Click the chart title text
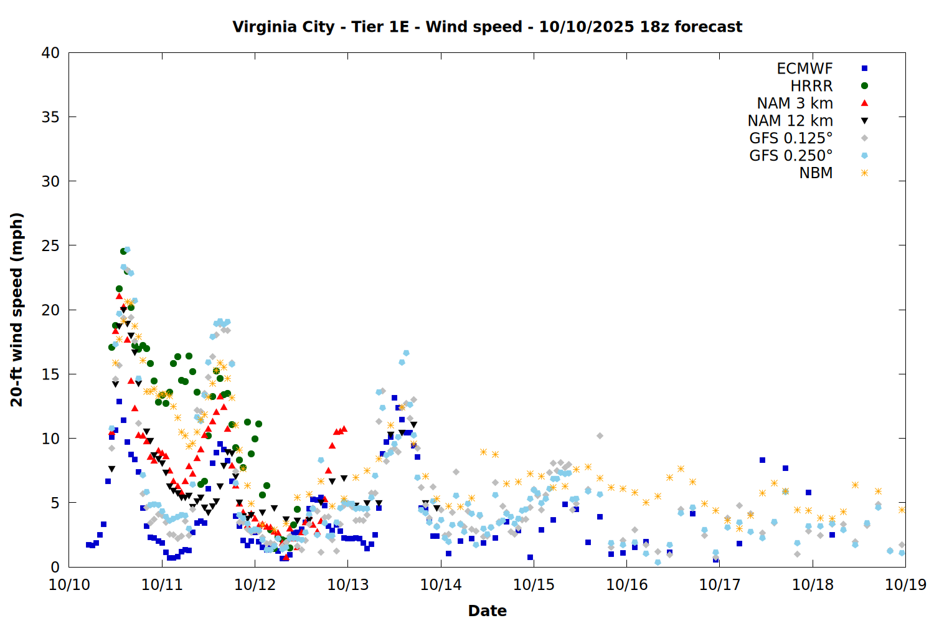pyautogui.click(x=487, y=27)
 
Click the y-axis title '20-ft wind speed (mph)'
pyautogui.click(x=17, y=310)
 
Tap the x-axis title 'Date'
pyautogui.click(x=487, y=611)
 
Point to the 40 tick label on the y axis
pyautogui.click(x=50, y=54)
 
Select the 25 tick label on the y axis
pyautogui.click(x=50, y=246)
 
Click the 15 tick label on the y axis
pyautogui.click(x=50, y=374)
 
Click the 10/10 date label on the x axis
pyautogui.click(x=69, y=585)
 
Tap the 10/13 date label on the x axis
pyautogui.click(x=348, y=585)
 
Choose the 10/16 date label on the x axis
pyautogui.click(x=627, y=585)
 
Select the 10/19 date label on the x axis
pyautogui.click(x=905, y=585)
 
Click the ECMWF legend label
pyautogui.click(x=804, y=69)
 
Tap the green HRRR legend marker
pyautogui.click(x=864, y=86)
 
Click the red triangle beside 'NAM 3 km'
pyautogui.click(x=864, y=103)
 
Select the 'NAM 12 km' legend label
pyautogui.click(x=790, y=121)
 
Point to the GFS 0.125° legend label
pyautogui.click(x=791, y=138)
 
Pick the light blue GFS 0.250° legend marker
pyautogui.click(x=864, y=156)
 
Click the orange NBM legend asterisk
pyautogui.click(x=864, y=173)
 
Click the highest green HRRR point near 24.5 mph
pyautogui.click(x=123, y=251)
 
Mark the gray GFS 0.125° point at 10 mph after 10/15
pyautogui.click(x=600, y=436)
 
